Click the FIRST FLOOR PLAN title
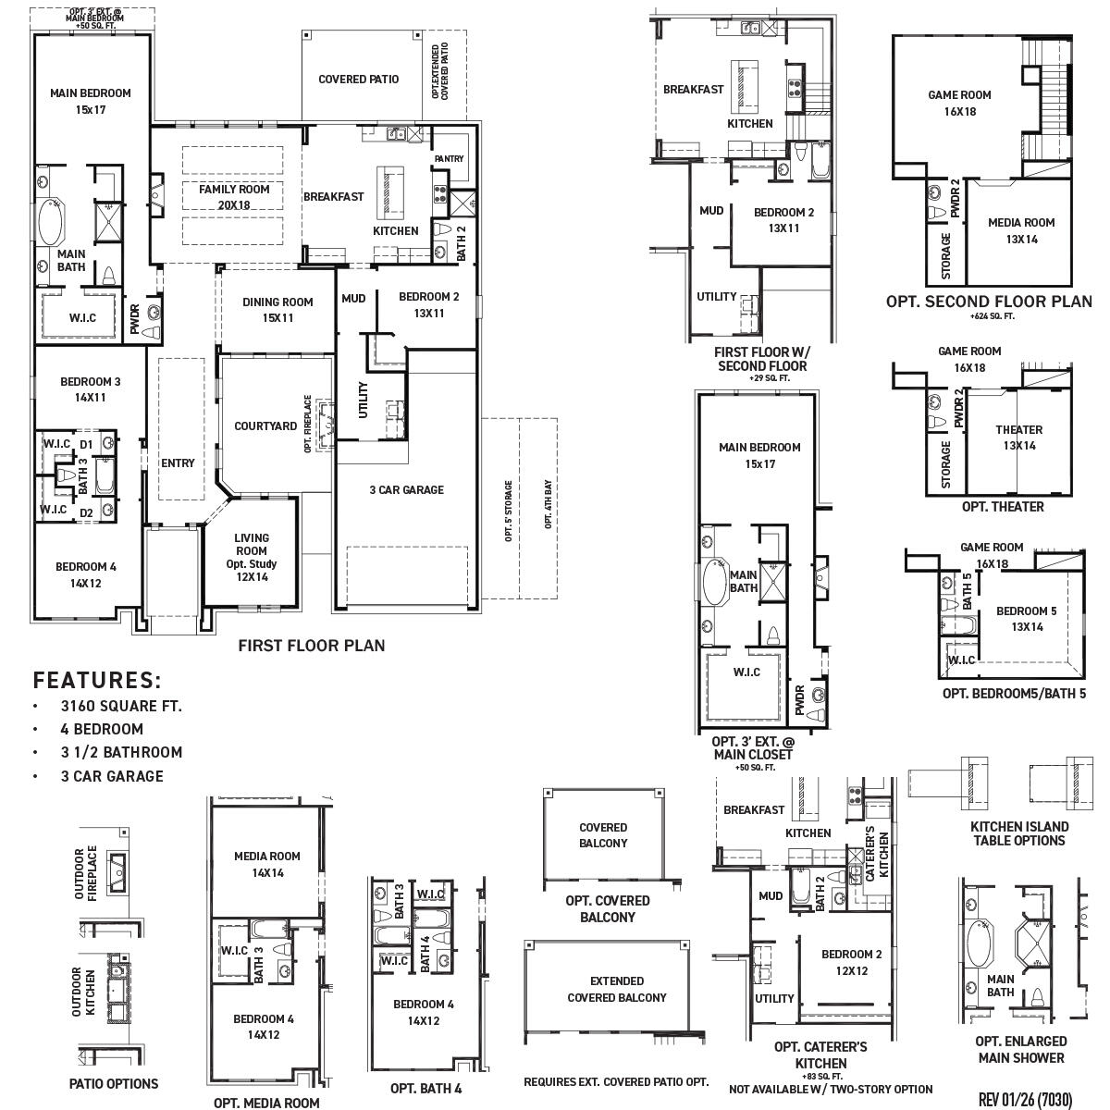coord(311,646)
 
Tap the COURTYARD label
coord(265,426)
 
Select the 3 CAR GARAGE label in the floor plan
coord(406,489)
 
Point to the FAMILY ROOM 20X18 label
coord(234,197)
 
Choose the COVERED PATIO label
coord(358,80)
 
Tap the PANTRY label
coord(449,159)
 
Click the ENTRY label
coord(178,462)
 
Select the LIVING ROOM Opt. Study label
coord(251,557)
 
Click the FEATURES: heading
coord(97,681)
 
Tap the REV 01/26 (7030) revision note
coord(1025,1099)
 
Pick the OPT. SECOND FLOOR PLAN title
coord(988,302)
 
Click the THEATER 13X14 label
coord(1018,438)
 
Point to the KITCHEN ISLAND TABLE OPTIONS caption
coord(1018,833)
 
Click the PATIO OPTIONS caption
coord(114,1083)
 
